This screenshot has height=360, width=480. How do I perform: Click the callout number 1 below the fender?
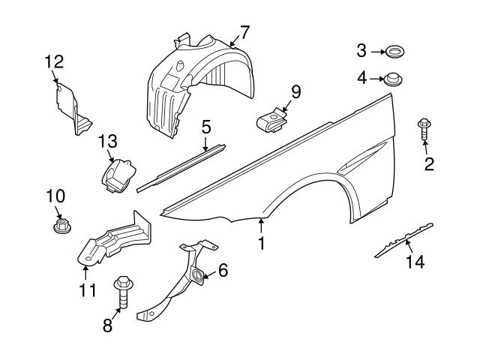click(261, 244)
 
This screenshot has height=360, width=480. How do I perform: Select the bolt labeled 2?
click(424, 129)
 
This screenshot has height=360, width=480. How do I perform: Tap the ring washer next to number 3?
click(393, 52)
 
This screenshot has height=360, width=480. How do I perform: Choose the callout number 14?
click(415, 262)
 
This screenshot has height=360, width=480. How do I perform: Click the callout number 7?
click(243, 32)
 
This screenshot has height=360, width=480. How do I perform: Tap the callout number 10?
click(55, 196)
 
